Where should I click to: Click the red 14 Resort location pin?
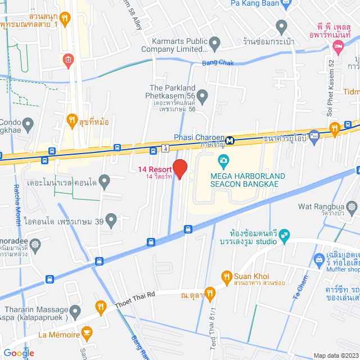click(x=179, y=169)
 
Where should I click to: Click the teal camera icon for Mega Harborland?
click(x=223, y=161)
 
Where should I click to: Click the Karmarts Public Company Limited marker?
click(x=214, y=43)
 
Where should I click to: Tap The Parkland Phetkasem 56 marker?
click(x=203, y=97)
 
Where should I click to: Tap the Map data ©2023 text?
click(x=335, y=355)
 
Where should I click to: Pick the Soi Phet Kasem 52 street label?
click(x=331, y=88)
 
